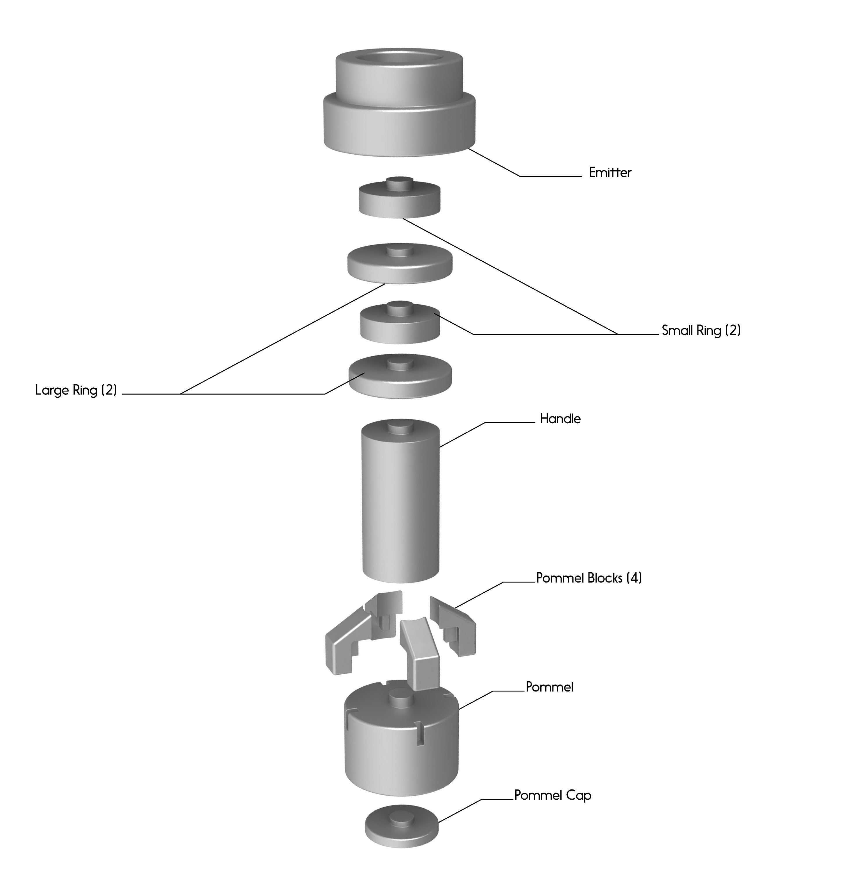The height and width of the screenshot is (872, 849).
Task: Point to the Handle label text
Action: click(x=560, y=419)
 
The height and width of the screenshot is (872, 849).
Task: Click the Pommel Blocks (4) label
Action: click(x=589, y=578)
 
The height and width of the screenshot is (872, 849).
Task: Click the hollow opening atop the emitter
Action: click(x=399, y=58)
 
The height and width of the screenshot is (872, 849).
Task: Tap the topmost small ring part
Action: click(x=400, y=203)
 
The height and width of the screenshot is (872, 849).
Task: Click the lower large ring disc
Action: click(x=400, y=381)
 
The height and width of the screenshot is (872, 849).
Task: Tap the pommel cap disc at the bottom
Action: click(x=401, y=827)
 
